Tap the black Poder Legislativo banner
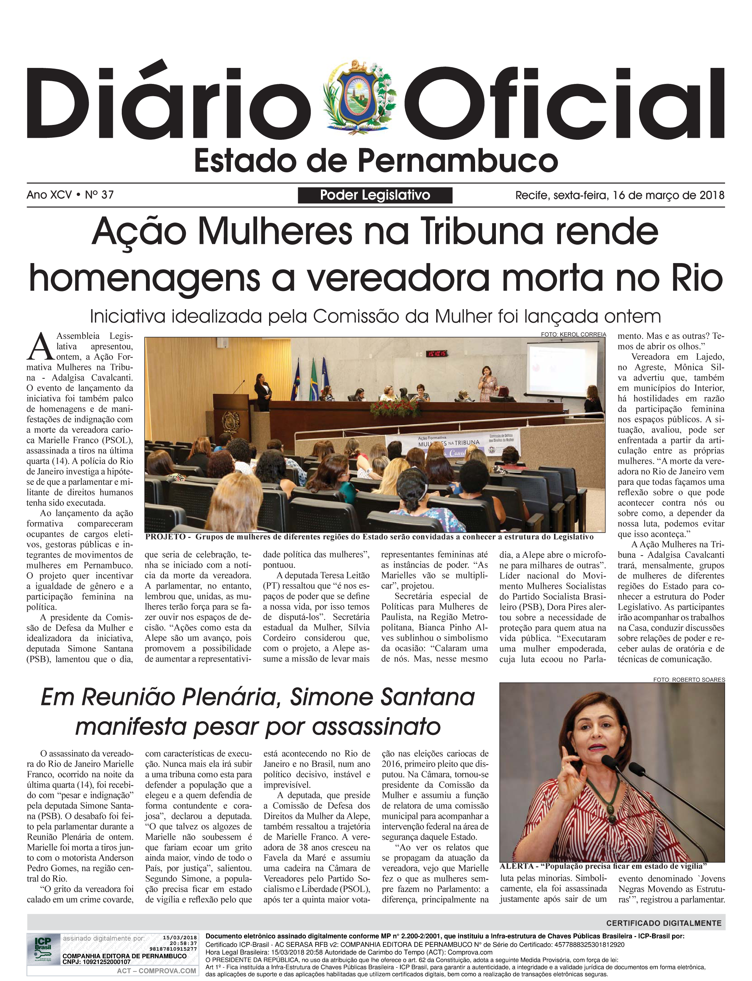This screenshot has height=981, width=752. (x=375, y=195)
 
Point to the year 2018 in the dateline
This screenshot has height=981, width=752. (x=712, y=195)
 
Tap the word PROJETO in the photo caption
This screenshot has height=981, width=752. (x=165, y=537)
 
